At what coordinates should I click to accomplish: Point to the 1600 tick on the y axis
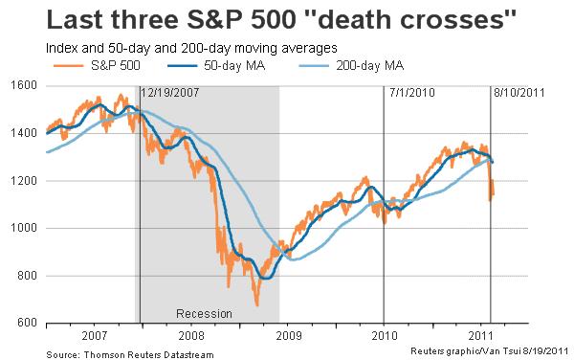click(23, 85)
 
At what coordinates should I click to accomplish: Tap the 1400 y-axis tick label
click(23, 133)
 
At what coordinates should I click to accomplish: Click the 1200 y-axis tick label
click(23, 181)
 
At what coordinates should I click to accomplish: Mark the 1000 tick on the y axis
click(23, 229)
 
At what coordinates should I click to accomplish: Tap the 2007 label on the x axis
click(94, 338)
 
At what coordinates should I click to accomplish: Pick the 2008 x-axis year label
click(190, 338)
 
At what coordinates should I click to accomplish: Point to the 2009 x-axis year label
click(287, 338)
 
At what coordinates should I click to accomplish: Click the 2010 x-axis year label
click(384, 338)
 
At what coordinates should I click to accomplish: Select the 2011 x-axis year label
click(480, 338)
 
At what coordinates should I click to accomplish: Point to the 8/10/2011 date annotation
click(518, 94)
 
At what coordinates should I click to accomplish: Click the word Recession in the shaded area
click(205, 314)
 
